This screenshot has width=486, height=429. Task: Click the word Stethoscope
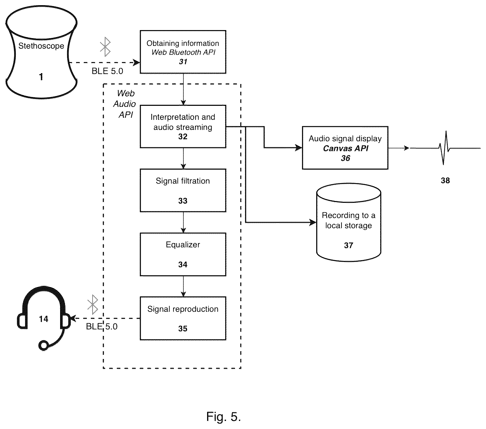click(x=41, y=46)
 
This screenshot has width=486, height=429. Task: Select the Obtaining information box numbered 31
click(x=183, y=52)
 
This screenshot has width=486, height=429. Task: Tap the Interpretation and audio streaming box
click(x=183, y=127)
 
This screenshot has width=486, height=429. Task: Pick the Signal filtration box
click(x=183, y=190)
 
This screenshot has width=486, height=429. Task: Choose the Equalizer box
click(x=183, y=254)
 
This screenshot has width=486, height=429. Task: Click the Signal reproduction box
click(x=183, y=318)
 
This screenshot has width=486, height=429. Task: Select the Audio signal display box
click(x=345, y=148)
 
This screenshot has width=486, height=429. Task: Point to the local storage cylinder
click(x=349, y=222)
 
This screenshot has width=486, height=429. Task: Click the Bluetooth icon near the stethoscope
click(x=105, y=47)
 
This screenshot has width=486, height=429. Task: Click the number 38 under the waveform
click(x=445, y=181)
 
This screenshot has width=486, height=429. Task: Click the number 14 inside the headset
click(x=44, y=319)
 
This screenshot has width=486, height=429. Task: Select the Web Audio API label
click(x=125, y=104)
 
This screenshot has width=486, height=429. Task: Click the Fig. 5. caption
click(x=223, y=417)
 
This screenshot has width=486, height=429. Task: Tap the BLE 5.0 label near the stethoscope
click(x=107, y=71)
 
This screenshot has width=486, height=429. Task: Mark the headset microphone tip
click(x=44, y=345)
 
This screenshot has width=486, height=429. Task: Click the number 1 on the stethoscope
click(x=41, y=77)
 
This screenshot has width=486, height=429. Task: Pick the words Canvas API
click(x=346, y=148)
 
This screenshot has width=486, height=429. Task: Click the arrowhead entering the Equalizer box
click(x=183, y=230)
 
